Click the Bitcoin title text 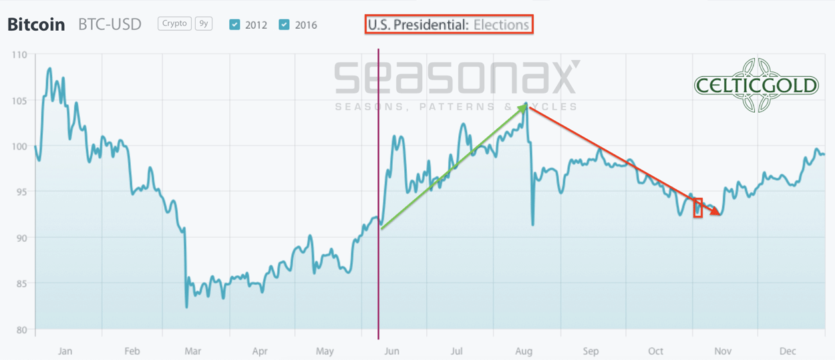pos(36,25)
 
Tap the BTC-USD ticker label pos(110,25)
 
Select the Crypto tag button pos(174,23)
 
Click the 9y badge pos(203,23)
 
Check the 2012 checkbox pos(234,25)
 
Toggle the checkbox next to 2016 pos(284,25)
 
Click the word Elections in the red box pos(501,25)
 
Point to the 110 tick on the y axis pos(20,55)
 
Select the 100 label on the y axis pos(20,146)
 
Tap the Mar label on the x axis pos(193,351)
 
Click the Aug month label pos(524,351)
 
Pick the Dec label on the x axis pos(788,351)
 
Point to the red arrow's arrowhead pos(716,213)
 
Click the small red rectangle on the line pos(698,208)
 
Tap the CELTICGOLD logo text pos(756,85)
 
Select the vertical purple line pos(379,200)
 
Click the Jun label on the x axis pos(391,351)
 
